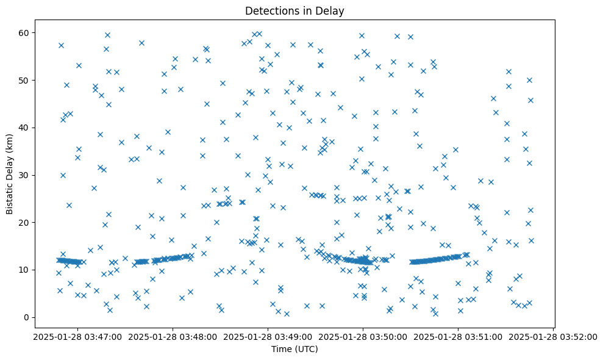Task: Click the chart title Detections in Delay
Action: (294, 11)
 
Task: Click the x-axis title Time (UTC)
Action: (294, 350)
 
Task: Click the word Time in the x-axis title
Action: (282, 350)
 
